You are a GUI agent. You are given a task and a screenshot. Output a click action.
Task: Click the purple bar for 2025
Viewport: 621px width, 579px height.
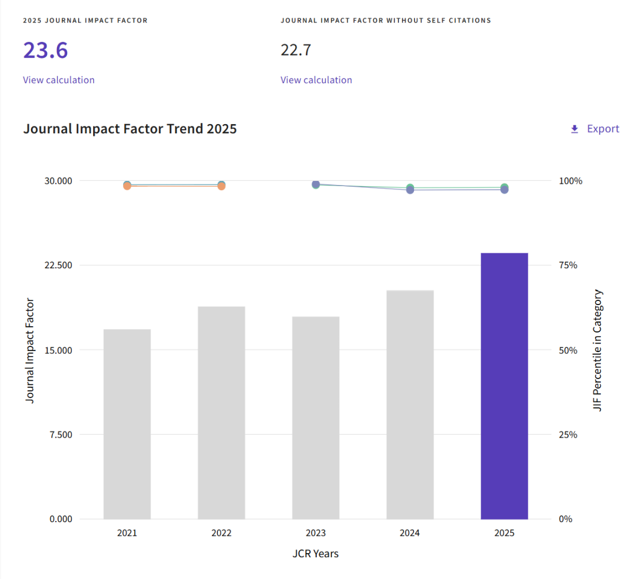point(504,386)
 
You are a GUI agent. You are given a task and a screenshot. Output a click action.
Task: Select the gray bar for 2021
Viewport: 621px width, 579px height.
point(127,424)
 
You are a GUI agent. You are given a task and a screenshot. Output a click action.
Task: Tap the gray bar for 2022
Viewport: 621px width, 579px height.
point(221,413)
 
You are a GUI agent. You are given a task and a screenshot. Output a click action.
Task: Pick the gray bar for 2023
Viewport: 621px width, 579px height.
point(316,418)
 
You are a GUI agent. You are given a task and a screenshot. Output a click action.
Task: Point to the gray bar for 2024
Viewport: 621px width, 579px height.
point(410,405)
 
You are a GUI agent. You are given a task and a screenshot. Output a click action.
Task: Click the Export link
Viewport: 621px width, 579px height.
point(603,129)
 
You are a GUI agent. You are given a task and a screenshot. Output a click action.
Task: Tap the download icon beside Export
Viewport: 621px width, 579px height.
point(574,129)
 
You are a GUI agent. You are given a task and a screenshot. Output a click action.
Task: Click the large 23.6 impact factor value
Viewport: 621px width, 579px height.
point(45,51)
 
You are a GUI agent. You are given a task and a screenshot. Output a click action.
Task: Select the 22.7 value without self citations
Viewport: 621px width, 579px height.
point(296,51)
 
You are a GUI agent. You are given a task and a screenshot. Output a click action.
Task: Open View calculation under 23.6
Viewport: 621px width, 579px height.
point(59,80)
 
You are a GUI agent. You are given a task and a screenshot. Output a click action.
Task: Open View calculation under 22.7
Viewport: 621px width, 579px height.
point(316,80)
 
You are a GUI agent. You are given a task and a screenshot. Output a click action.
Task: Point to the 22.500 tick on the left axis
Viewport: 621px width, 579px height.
point(58,265)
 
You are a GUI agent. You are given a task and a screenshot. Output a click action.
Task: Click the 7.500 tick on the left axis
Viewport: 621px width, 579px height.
point(60,435)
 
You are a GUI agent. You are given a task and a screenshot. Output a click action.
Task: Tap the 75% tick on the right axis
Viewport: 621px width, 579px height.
point(568,265)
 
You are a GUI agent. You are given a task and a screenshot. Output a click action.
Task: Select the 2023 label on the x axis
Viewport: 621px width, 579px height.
point(316,533)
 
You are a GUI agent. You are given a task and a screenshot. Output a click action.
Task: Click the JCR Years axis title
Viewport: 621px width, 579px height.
point(316,554)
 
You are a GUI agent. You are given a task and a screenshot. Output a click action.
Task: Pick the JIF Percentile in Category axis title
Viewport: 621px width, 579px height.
point(597,350)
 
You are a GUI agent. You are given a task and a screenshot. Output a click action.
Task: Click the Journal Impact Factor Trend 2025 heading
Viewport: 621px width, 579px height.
point(130,129)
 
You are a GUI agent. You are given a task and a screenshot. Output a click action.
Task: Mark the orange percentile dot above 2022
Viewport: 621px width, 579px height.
point(221,186)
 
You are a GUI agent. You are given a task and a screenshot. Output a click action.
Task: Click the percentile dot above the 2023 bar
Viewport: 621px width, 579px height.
point(316,184)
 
